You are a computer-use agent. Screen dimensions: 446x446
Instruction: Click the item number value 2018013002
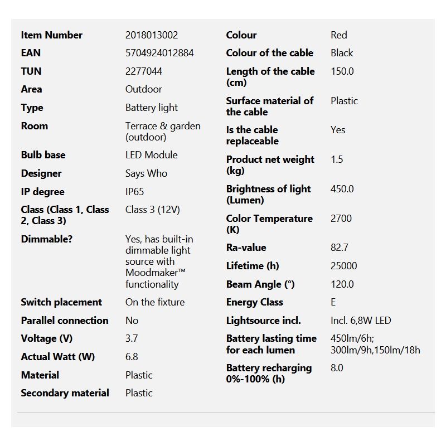pyautogui.click(x=152, y=35)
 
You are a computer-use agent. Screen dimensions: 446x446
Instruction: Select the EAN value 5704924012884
pyautogui.click(x=159, y=53)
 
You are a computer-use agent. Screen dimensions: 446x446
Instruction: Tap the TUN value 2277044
pyautogui.click(x=144, y=71)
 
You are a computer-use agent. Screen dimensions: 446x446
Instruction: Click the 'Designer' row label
pyautogui.click(x=41, y=173)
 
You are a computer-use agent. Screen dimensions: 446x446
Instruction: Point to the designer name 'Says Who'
pyautogui.click(x=146, y=173)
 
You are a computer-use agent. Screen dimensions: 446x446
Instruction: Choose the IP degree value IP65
pyautogui.click(x=134, y=192)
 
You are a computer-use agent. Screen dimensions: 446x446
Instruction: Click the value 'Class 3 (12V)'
pyautogui.click(x=153, y=210)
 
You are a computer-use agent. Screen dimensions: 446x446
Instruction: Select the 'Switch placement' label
pyautogui.click(x=61, y=302)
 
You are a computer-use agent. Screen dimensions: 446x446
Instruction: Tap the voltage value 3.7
pyautogui.click(x=132, y=338)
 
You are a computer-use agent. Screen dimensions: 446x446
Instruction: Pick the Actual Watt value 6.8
pyautogui.click(x=132, y=357)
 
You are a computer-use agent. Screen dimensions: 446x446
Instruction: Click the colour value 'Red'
pyautogui.click(x=339, y=35)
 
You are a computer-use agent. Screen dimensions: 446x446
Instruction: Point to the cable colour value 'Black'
pyautogui.click(x=342, y=53)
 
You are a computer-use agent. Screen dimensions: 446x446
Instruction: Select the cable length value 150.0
pyautogui.click(x=342, y=71)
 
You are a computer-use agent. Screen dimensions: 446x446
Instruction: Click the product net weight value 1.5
pyautogui.click(x=337, y=159)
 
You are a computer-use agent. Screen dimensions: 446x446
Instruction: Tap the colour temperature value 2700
pyautogui.click(x=341, y=219)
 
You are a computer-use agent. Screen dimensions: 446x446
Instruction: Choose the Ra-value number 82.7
pyautogui.click(x=340, y=248)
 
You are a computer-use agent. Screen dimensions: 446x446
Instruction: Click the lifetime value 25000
pyautogui.click(x=343, y=266)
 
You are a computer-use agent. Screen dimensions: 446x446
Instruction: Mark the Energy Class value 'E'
pyautogui.click(x=333, y=302)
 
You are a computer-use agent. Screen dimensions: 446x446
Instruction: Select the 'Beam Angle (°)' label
pyautogui.click(x=260, y=284)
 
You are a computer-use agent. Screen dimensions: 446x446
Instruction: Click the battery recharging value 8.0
pyautogui.click(x=337, y=368)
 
